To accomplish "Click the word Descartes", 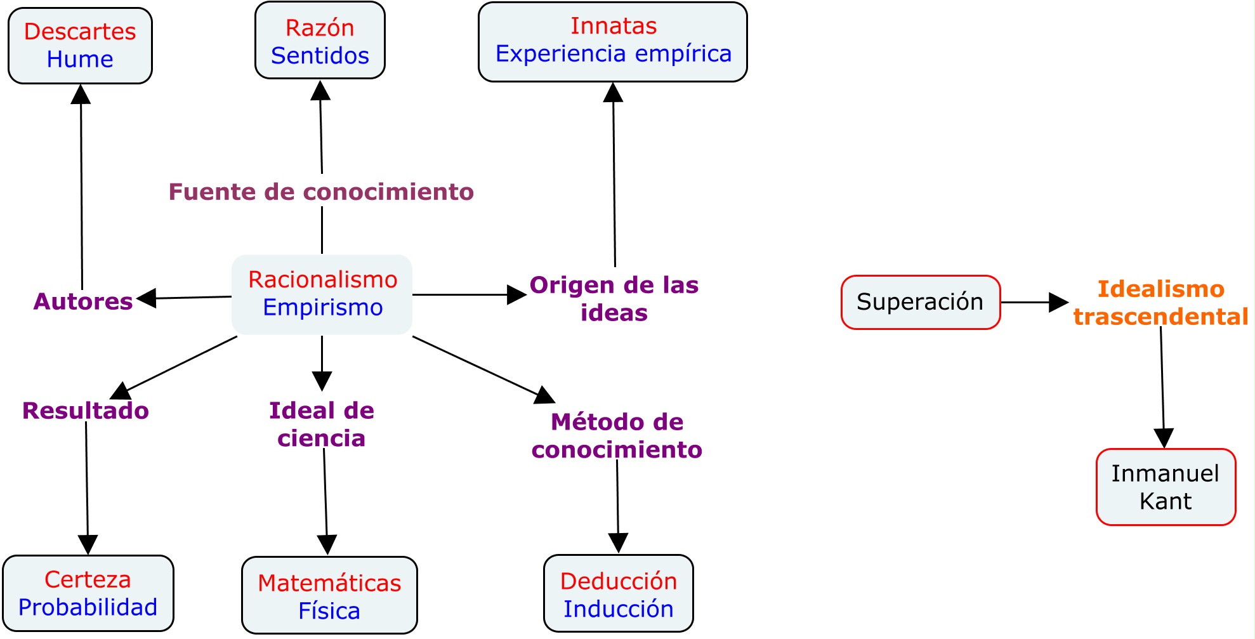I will tap(80, 32).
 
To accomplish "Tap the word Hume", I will tap(80, 60).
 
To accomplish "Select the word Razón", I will tap(320, 29).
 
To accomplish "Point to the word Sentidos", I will tap(320, 56).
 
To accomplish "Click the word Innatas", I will tap(613, 26).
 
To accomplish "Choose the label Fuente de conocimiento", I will tap(321, 192).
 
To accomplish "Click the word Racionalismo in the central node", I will tap(322, 280).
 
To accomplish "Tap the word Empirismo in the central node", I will tap(322, 308).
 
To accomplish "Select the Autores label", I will tap(83, 301).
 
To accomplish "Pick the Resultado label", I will tap(86, 411).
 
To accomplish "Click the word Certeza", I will tap(88, 579).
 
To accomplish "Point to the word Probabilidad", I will tap(88, 607).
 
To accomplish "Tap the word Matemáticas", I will tap(329, 583).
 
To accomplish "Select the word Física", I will tap(329, 611).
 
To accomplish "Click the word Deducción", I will tap(619, 581).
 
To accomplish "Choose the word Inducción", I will tap(619, 609).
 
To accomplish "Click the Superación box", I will tap(920, 302).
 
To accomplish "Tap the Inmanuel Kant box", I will tap(1166, 487).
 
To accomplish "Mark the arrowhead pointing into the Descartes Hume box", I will tap(81, 95).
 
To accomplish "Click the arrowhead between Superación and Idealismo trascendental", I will tap(1058, 302).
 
